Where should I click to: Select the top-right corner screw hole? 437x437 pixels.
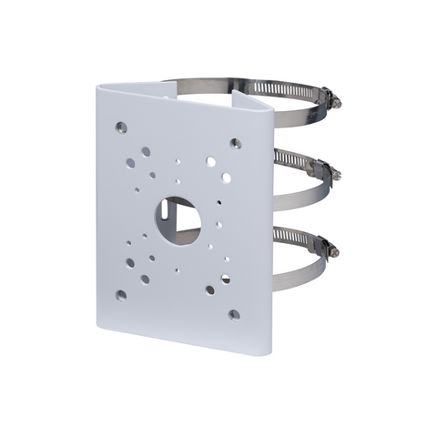236,143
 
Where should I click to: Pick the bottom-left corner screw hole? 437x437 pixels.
121,295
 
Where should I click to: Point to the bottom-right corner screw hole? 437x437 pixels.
234,314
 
